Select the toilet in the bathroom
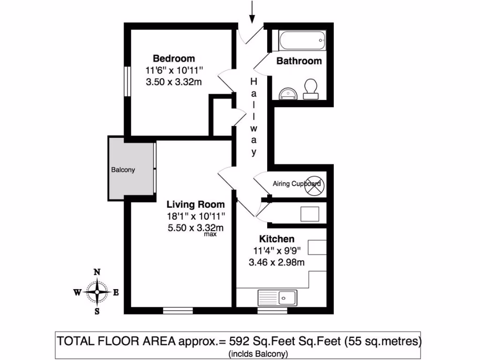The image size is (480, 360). (x=310, y=88)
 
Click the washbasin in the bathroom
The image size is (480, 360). (x=287, y=93)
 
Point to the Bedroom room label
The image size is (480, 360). (x=174, y=59)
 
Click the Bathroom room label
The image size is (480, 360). (x=299, y=61)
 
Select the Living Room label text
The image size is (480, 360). (x=196, y=205)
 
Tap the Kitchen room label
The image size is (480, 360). (x=278, y=239)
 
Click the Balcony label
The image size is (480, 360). (x=123, y=170)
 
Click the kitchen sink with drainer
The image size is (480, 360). (x=277, y=297)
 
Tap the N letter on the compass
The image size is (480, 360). (x=97, y=272)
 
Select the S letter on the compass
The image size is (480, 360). (x=97, y=311)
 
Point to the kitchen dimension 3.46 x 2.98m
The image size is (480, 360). (x=277, y=262)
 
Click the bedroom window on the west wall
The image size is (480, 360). (x=127, y=81)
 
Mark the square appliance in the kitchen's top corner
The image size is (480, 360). (x=309, y=214)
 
